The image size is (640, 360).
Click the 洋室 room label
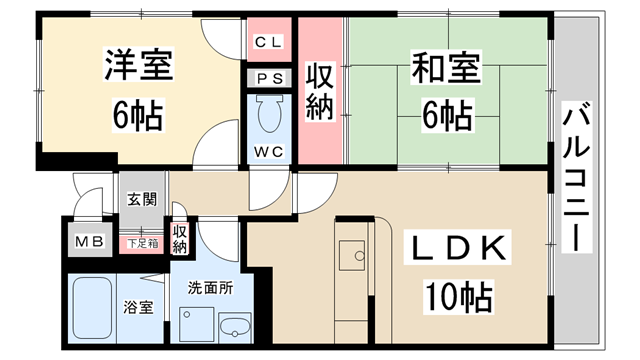139,68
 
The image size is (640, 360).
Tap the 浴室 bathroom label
138,307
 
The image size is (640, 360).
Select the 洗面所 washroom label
210,288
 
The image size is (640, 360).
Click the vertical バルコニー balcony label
576,178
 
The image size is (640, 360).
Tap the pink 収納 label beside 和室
319,92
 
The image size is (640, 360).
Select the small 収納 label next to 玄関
180,238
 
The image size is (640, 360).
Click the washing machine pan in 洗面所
195,325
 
